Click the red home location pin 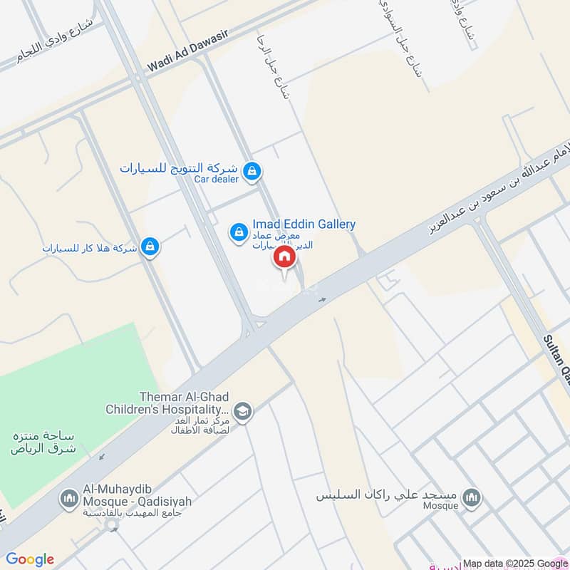284,257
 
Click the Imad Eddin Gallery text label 304,224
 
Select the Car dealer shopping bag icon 251,171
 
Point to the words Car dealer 217,179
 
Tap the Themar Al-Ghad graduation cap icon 243,413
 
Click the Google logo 30,559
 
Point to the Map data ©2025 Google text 515,562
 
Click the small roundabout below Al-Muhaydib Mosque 111,526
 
